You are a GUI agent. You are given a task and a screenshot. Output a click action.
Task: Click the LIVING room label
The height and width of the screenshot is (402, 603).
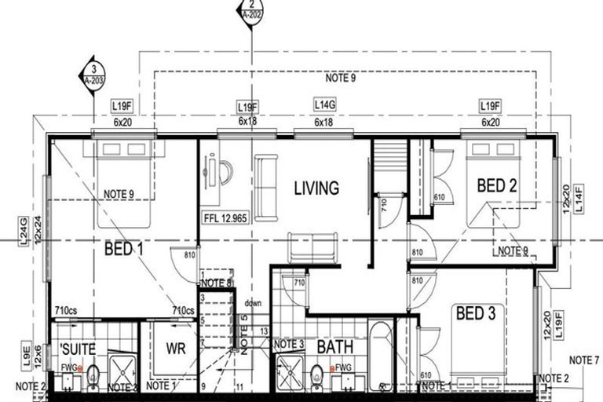[316, 188]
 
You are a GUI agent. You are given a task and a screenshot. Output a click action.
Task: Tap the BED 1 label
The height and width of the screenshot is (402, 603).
[124, 250]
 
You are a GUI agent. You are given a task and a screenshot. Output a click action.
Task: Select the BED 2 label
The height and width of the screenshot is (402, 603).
[496, 186]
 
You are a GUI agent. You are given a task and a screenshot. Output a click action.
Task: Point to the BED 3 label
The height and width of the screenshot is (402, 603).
[475, 315]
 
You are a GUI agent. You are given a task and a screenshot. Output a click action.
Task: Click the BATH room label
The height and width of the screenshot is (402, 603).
[335, 347]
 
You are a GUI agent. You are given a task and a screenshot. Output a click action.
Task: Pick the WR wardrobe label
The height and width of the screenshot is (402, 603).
[176, 349]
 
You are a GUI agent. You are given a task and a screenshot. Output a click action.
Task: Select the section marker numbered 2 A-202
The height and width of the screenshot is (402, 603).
[249, 11]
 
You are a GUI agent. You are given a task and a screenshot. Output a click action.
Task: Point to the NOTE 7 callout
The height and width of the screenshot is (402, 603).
[583, 360]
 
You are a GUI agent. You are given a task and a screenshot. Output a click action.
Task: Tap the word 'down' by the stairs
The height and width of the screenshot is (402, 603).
[252, 303]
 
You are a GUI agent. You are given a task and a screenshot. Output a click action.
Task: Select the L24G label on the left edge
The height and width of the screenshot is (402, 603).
[23, 233]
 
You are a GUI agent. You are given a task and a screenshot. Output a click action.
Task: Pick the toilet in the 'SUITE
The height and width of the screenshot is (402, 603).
[93, 376]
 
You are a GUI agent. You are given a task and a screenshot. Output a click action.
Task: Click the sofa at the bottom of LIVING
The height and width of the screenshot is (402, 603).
[312, 248]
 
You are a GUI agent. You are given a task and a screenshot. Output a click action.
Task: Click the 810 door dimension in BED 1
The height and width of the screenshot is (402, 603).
[189, 255]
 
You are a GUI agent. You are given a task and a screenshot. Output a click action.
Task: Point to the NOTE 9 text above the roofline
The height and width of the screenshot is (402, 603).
[340, 79]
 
